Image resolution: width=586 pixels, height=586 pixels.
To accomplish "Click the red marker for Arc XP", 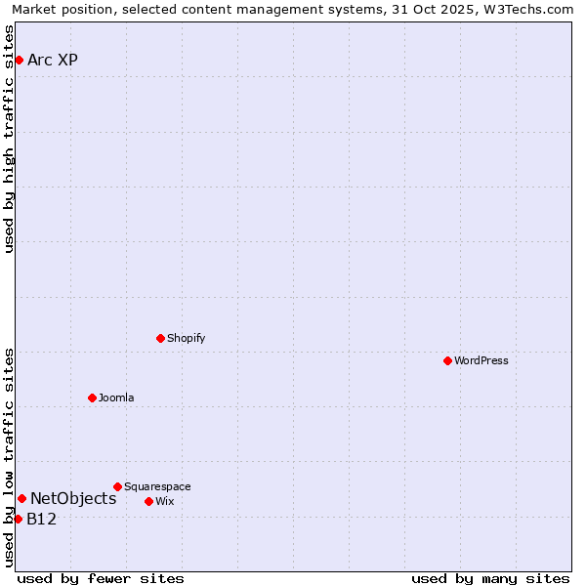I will pyautogui.click(x=19, y=61).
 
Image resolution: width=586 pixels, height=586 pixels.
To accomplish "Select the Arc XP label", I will pyautogui.click(x=53, y=61).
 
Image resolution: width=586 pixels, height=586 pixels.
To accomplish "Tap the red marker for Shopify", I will pyautogui.click(x=160, y=339).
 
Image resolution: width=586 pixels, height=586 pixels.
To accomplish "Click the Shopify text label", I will pyautogui.click(x=186, y=339).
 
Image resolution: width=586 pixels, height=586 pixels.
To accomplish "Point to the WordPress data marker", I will pyautogui.click(x=447, y=361).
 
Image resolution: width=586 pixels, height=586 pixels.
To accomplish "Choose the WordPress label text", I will pyautogui.click(x=481, y=361).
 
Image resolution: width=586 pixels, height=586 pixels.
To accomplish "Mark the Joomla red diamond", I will pyautogui.click(x=92, y=398).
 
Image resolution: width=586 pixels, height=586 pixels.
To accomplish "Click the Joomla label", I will pyautogui.click(x=116, y=398).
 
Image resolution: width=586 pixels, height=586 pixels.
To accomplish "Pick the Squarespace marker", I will pyautogui.click(x=117, y=487).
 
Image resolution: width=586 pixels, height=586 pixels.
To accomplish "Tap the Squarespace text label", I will pyautogui.click(x=157, y=487).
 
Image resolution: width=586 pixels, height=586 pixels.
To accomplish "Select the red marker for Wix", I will pyautogui.click(x=148, y=502).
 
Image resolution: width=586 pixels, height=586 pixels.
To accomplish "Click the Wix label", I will pyautogui.click(x=164, y=502).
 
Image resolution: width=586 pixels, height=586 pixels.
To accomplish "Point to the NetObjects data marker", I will pyautogui.click(x=21, y=499).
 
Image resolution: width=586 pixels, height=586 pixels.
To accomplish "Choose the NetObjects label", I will pyautogui.click(x=73, y=499).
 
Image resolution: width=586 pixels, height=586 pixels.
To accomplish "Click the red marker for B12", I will pyautogui.click(x=18, y=520).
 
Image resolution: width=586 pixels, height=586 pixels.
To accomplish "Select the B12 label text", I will pyautogui.click(x=41, y=520).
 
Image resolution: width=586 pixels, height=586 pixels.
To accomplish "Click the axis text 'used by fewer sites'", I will pyautogui.click(x=101, y=579).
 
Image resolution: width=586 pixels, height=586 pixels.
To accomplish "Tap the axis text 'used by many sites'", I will pyautogui.click(x=490, y=579).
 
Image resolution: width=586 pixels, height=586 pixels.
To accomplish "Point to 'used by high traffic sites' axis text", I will pyautogui.click(x=9, y=139).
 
